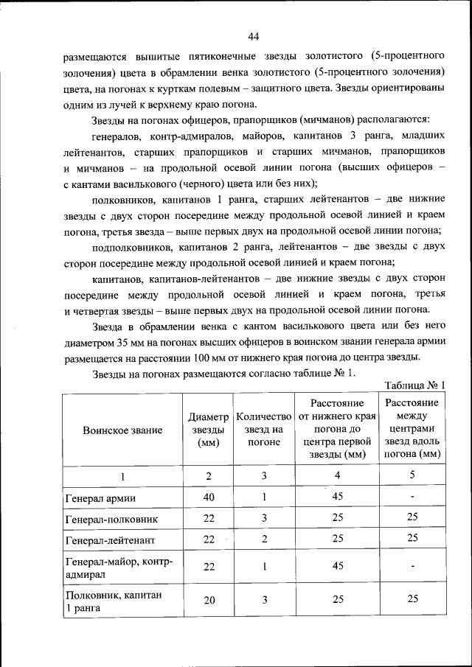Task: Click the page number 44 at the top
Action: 253,36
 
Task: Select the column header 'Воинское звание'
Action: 122,430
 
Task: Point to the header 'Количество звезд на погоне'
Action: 263,430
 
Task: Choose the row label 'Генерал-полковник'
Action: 111,518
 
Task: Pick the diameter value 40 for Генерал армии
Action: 209,497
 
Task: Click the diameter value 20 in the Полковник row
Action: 209,600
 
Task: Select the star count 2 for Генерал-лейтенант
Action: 263,539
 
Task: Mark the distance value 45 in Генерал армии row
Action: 338,497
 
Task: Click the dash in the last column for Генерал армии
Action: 412,497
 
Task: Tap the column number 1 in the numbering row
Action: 122,476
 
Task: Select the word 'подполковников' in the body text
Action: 130,248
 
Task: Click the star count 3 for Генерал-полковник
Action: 263,518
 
